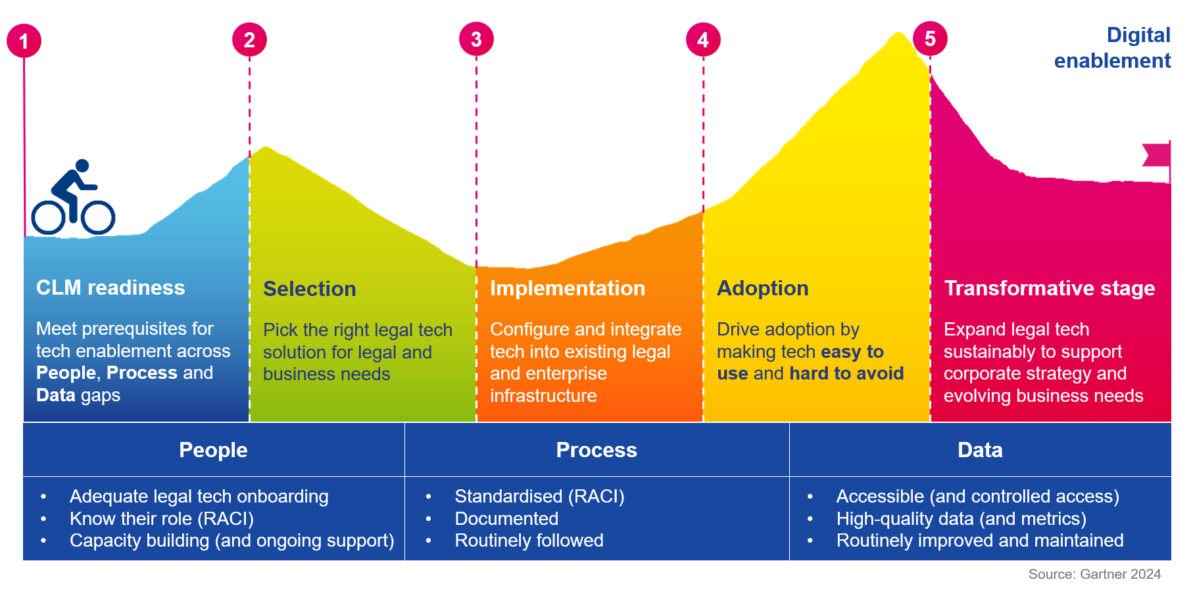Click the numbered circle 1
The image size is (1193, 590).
pos(24,41)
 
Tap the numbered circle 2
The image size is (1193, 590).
pos(249,39)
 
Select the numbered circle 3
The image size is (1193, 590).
pos(476,39)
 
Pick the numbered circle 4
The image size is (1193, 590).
pos(703,40)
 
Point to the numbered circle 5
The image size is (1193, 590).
pos(930,39)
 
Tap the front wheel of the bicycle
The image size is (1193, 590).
pos(98,217)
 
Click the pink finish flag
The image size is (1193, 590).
pos(1157,155)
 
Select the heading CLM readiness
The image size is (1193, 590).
pos(110,287)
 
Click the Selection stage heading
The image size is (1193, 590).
pos(310,289)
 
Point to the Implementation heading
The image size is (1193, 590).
pos(568,288)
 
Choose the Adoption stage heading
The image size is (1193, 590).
pos(763,288)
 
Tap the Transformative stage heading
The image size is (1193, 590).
pos(1050,288)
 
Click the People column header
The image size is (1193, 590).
pos(213,450)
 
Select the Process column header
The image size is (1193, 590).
pos(596,450)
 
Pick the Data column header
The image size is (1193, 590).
pos(980,450)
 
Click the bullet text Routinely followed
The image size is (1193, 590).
pos(529,541)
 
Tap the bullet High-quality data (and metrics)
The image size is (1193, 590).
pos(961,519)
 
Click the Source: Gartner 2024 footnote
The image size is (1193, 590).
pos(1094,574)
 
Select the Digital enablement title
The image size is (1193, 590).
pos(1113,47)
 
